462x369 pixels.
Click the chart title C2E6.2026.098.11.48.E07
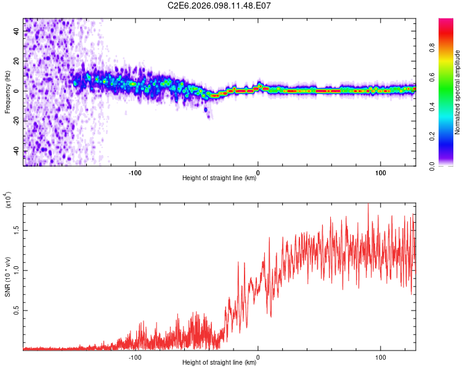click(x=220, y=6)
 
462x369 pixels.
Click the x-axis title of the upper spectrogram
click(x=219, y=178)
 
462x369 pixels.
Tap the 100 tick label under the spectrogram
click(x=381, y=172)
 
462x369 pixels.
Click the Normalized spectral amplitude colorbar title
click(x=457, y=92)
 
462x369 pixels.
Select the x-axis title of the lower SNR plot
click(x=219, y=363)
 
